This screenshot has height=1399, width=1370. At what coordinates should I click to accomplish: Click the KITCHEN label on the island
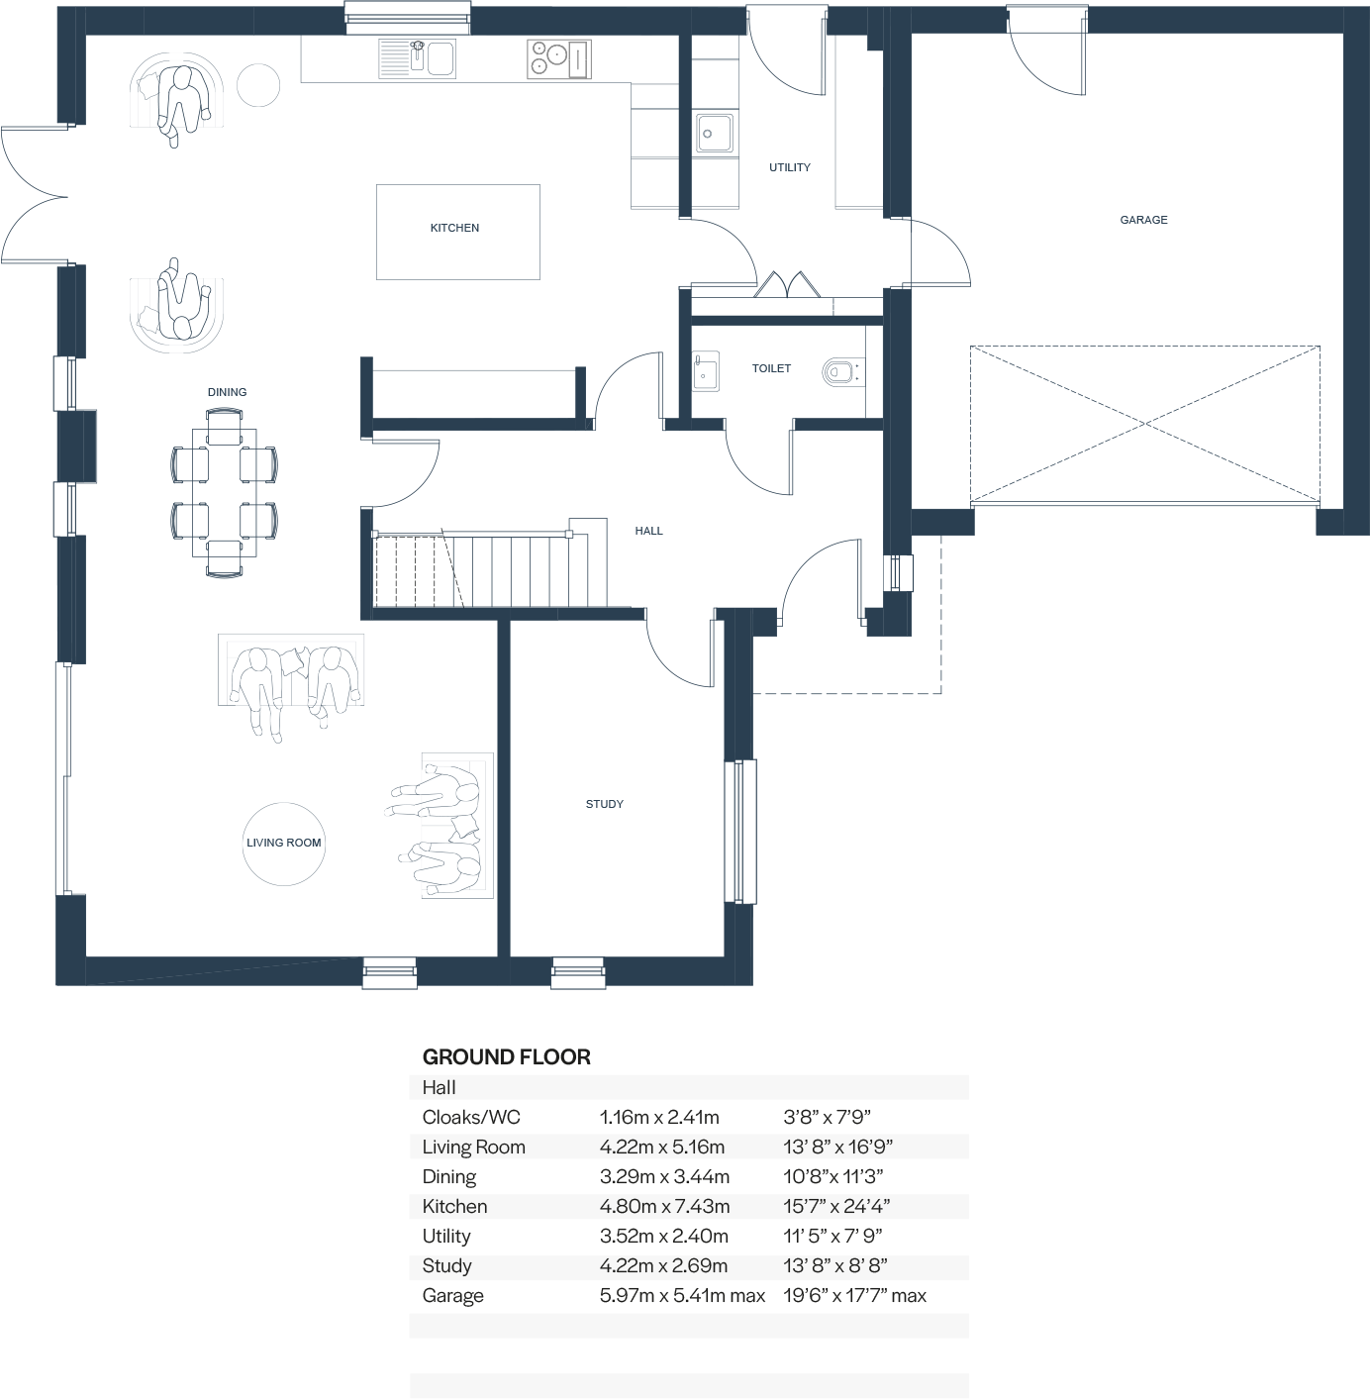[454, 228]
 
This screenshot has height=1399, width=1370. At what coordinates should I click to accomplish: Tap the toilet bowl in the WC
[837, 372]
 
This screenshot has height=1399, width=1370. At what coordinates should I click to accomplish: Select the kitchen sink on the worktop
[417, 58]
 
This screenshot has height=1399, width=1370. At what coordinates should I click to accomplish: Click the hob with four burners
[558, 59]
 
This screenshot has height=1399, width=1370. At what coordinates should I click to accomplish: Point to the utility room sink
[714, 133]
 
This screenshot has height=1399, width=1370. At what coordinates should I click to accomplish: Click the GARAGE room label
[1143, 220]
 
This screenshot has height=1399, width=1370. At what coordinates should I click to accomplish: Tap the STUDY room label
[604, 804]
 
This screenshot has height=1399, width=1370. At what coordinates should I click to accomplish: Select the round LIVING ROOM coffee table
[284, 844]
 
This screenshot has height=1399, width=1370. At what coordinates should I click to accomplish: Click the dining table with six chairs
[225, 492]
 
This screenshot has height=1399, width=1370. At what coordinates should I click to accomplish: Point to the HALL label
[648, 531]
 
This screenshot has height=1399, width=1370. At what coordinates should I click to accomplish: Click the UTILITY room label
[789, 167]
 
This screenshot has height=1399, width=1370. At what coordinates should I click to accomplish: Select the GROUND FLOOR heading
[506, 1056]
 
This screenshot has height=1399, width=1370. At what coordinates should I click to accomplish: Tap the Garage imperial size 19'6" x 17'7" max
[854, 1295]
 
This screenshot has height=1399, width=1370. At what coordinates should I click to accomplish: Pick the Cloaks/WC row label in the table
[471, 1117]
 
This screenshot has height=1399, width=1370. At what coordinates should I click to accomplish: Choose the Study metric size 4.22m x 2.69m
[663, 1265]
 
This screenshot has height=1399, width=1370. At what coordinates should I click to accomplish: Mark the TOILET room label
[771, 368]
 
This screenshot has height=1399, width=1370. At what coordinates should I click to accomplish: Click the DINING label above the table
[227, 392]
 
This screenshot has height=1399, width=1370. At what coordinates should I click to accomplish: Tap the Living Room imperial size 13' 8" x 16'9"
[837, 1147]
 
